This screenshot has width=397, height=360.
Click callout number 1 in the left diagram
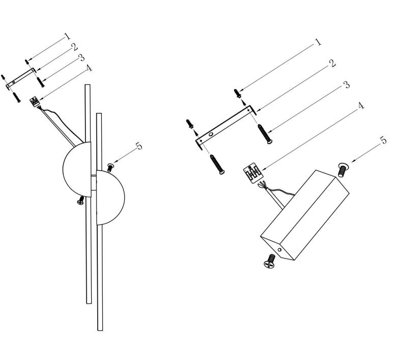tap(67, 36)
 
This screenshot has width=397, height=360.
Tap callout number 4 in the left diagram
tap(89, 68)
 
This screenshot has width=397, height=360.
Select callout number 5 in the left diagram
tap(139, 146)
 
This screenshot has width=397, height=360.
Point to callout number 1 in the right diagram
tap(318, 42)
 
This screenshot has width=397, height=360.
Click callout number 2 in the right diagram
tap(332, 63)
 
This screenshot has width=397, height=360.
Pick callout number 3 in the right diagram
tap(347, 85)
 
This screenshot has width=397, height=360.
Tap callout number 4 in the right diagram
tap(361, 105)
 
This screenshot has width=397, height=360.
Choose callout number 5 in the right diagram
tap(384, 140)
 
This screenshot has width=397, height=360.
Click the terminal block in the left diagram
tap(35, 102)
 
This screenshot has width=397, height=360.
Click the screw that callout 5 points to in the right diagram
tap(344, 170)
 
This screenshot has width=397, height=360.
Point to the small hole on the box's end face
tap(279, 250)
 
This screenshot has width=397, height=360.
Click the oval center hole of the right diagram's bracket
tap(211, 134)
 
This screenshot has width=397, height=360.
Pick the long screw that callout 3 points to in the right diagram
tap(265, 134)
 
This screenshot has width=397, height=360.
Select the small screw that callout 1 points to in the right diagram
tap(238, 93)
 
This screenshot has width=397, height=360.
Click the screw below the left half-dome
tap(81, 200)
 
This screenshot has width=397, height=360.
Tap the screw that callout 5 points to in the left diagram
tap(110, 168)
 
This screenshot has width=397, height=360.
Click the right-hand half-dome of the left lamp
tap(110, 198)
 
